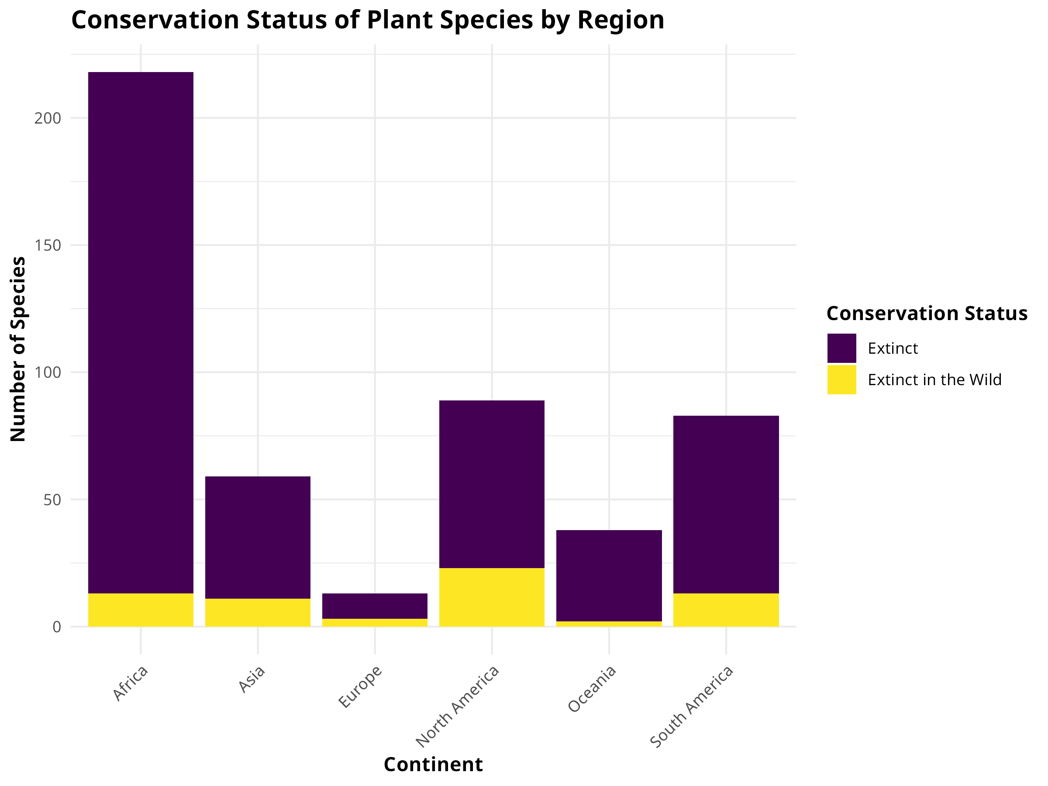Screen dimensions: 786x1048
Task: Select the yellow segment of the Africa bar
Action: point(141,610)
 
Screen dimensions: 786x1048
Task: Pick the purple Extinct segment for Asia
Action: point(258,537)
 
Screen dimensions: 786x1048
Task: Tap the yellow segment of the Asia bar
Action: point(258,612)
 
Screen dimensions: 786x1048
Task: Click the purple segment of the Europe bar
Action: point(375,606)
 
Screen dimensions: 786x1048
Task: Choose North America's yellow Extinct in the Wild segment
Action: point(492,597)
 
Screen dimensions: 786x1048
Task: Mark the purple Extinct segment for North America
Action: point(492,484)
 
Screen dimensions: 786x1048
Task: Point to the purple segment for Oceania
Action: point(609,575)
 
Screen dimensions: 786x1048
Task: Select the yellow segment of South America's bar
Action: point(726,610)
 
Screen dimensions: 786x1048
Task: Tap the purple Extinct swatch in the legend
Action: point(841,348)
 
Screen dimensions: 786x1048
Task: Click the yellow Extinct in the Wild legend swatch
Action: point(841,379)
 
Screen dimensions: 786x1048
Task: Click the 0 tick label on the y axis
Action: point(57,627)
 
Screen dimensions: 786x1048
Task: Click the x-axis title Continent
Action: point(433,764)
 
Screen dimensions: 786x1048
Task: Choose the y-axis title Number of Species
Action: point(18,349)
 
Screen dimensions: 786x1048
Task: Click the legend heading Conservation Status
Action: point(927,313)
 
